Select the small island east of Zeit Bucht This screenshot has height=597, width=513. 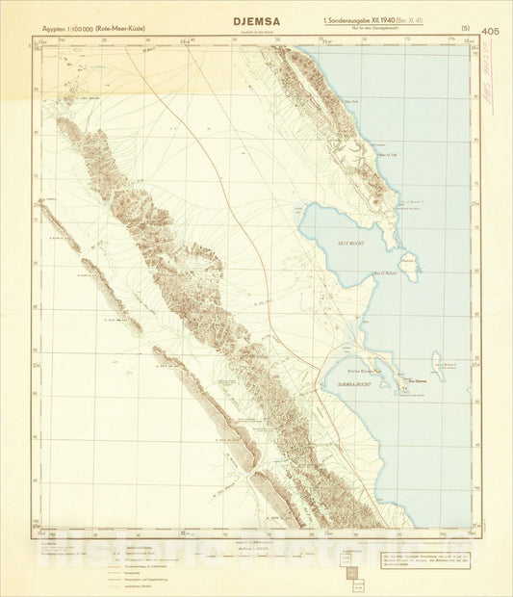[409, 261]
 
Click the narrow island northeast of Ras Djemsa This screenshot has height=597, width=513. [438, 363]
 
